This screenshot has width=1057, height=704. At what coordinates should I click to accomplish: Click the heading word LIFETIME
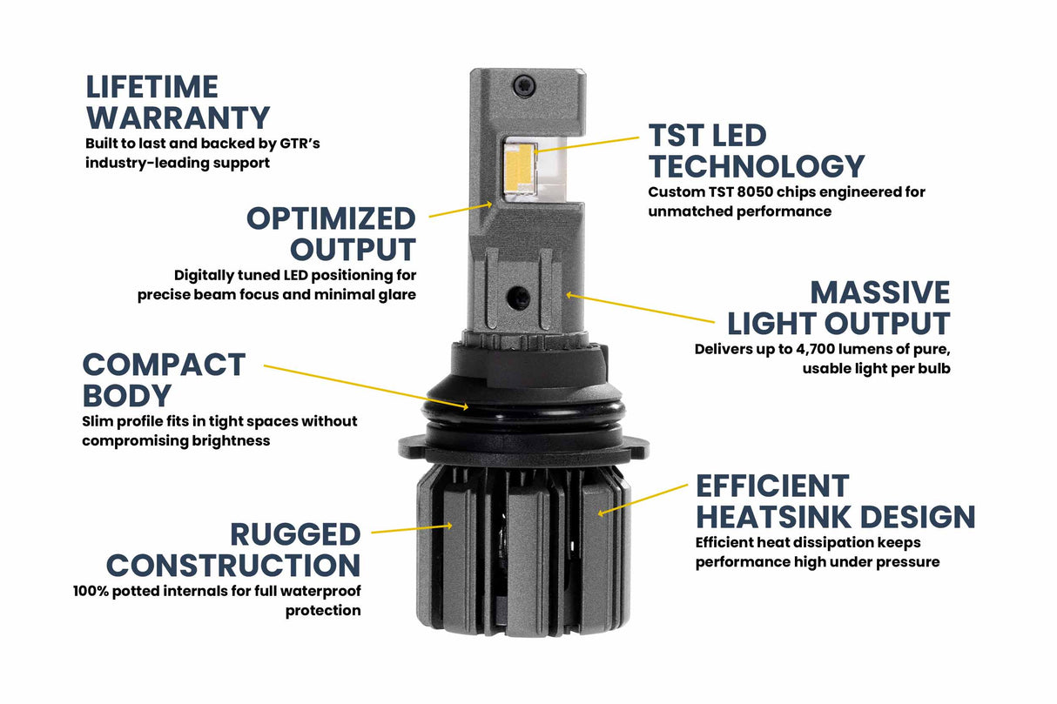point(151,87)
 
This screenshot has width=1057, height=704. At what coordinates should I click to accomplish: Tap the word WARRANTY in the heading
point(178,117)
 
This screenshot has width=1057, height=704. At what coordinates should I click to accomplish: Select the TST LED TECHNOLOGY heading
point(756,151)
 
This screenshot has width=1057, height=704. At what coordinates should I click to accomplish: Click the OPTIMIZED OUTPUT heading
point(331,233)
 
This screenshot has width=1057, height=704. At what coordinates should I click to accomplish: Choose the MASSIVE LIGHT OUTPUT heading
point(838,307)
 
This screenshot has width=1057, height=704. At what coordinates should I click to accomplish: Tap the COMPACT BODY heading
point(164,379)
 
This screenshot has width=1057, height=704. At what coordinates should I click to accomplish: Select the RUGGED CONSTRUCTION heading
point(233,549)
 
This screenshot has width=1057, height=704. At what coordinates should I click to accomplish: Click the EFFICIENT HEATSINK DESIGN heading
point(835,501)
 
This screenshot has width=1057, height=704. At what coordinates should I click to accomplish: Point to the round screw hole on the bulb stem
point(520,297)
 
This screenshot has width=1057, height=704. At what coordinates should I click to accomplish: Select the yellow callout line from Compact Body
point(366,386)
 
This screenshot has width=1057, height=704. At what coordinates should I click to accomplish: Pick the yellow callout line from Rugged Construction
point(409,528)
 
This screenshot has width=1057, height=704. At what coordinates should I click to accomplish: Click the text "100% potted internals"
point(145,592)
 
